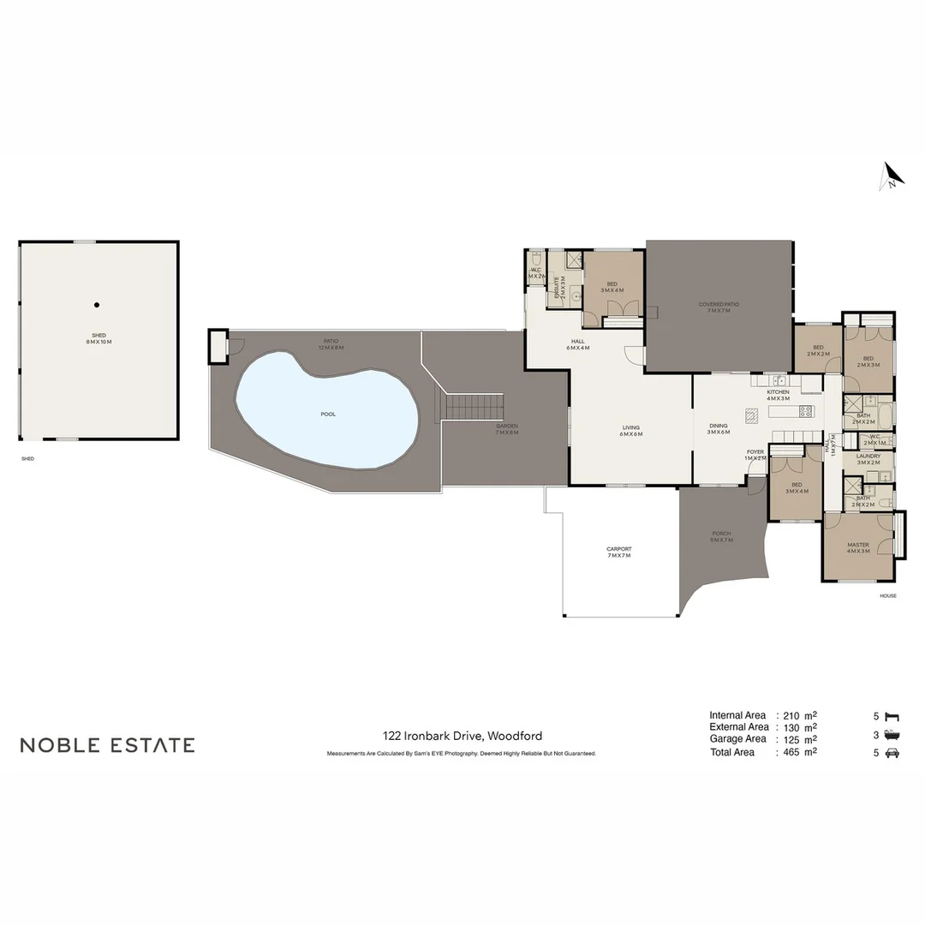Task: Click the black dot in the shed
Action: pos(97,305)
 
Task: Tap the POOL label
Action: pos(328,415)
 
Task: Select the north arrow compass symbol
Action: pos(892,176)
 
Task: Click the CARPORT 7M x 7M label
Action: pos(618,552)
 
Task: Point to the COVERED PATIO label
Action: pos(719,307)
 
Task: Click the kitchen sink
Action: pos(779,380)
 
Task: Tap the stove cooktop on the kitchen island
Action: pos(805,411)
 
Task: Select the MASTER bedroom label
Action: pos(857,548)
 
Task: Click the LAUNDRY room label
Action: pos(868,459)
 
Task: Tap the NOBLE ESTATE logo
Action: pos(107,745)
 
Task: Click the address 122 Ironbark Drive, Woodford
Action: pos(462,736)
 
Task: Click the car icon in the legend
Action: pos(892,753)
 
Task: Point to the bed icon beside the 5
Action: pos(892,715)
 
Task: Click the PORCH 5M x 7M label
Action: pos(721,537)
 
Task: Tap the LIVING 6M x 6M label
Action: pos(631,431)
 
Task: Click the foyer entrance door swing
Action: pos(755,486)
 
